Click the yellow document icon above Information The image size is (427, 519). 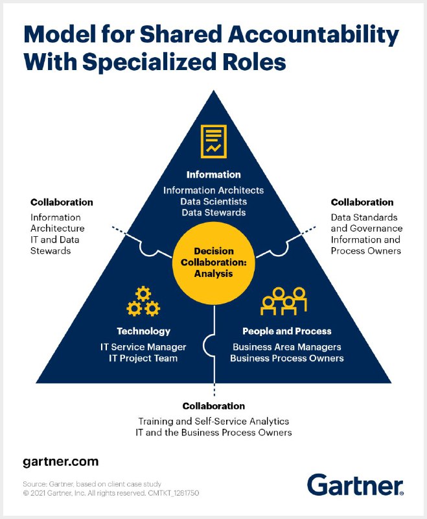214,141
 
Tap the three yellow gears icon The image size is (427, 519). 143,301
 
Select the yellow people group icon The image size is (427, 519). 284,301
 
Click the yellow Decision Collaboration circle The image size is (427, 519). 214,263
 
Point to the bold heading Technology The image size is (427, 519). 143,331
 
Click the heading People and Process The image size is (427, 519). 287,331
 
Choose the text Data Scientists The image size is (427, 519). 214,202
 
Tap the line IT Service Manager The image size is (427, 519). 143,347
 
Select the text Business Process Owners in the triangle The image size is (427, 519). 287,358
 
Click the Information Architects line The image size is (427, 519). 214,190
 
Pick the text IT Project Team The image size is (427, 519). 143,358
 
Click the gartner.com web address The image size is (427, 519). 61,462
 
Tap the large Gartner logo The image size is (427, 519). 355,485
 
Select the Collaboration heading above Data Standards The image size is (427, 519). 362,202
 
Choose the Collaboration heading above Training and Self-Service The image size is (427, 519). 214,406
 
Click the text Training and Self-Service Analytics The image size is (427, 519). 214,421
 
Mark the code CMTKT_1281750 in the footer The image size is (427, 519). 174,493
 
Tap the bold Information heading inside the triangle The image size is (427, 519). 214,175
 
